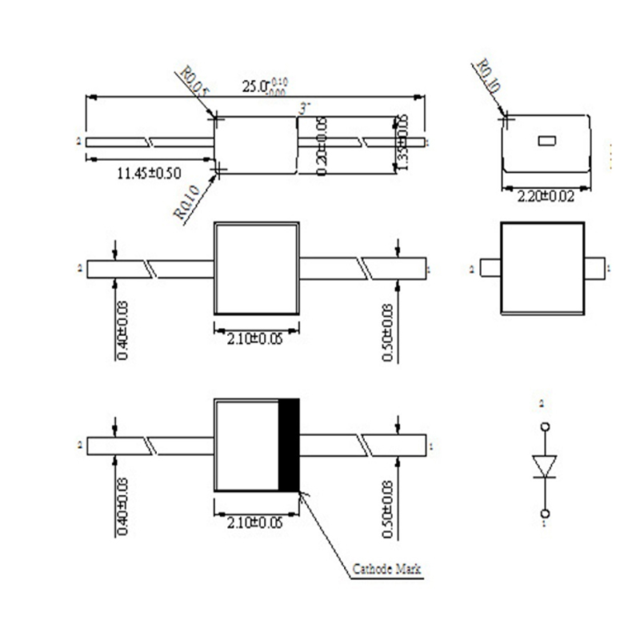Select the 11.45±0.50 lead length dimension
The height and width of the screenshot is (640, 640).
[150, 173]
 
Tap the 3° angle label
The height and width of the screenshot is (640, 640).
[302, 106]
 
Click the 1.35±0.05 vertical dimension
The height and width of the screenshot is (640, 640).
[402, 143]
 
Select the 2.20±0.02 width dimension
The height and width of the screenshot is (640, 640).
[547, 197]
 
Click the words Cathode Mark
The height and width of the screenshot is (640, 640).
[387, 569]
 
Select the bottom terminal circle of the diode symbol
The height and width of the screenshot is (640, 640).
[545, 512]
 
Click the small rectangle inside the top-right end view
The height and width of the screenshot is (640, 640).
[547, 142]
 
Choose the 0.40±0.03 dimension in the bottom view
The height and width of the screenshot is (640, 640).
[122, 507]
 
